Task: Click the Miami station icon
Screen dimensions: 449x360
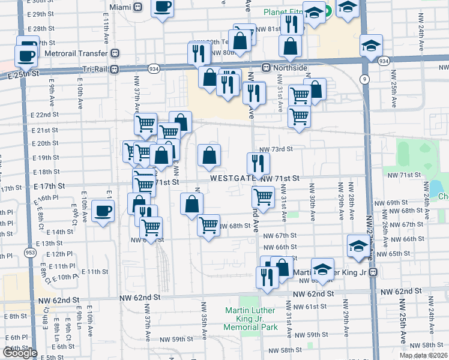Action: pos(137,7)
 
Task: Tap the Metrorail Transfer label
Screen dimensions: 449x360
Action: pos(74,53)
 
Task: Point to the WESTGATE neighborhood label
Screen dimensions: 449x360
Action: pos(232,178)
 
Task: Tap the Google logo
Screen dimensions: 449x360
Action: pos(20,353)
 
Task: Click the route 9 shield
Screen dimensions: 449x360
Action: pos(364,79)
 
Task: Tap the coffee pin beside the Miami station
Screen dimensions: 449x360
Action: pos(161,8)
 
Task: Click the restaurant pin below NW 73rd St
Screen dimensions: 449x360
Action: pos(256,163)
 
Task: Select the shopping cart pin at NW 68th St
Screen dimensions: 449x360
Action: pos(208,226)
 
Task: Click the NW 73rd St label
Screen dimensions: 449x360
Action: pos(276,149)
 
